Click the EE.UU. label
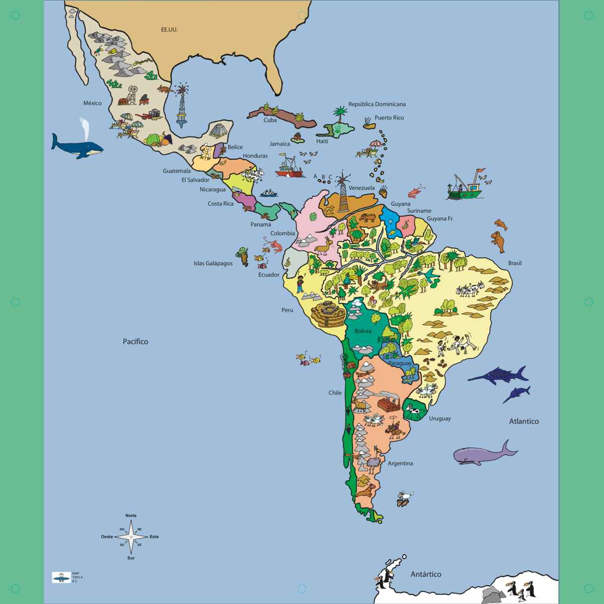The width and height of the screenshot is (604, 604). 169,30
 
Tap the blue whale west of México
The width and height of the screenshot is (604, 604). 77,146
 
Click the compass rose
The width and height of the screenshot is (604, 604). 131,537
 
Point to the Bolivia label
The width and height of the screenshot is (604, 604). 363,331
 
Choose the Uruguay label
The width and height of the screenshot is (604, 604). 439,419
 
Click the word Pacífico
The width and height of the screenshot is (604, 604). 135,342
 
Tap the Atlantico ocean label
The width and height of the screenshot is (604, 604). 523,422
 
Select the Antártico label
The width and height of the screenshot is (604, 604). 426,574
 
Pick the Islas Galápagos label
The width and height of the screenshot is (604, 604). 213,263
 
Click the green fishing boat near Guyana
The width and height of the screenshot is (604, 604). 465,189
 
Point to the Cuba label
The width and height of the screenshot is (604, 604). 270,120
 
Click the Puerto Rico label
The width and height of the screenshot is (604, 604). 389,118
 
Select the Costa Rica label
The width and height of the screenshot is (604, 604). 220,204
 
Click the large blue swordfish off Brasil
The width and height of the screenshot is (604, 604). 498,375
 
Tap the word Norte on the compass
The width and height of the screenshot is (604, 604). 131,515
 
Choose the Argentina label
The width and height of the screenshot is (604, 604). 400,464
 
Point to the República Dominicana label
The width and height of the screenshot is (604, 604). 377,104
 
